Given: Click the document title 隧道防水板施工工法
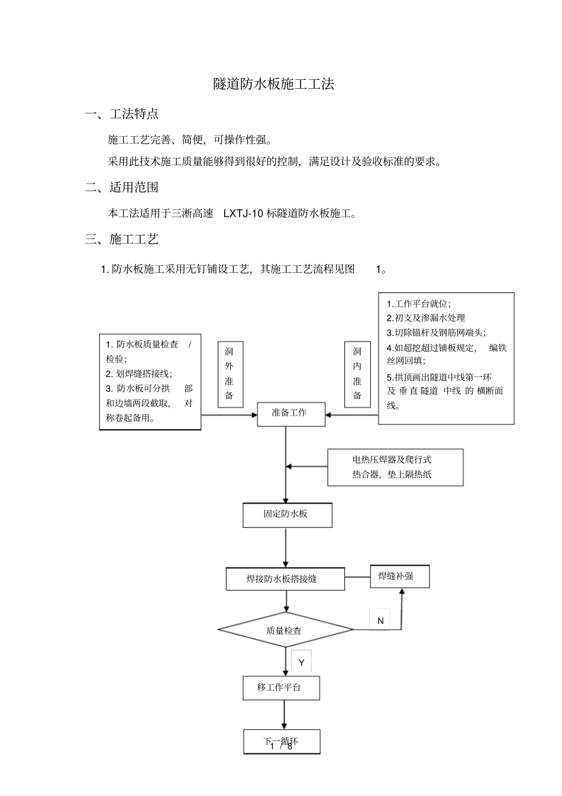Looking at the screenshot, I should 274,84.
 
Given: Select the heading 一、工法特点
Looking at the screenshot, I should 122,114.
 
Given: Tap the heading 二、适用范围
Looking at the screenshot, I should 122,188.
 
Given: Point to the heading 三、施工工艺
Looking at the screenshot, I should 122,239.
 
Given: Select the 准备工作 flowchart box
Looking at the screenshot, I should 290,413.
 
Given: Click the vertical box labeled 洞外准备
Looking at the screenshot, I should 230,373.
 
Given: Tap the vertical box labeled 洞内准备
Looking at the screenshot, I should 357,373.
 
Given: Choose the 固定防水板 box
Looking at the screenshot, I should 287,514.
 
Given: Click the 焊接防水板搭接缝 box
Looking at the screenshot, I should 285,579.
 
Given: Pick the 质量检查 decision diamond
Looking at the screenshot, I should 285,630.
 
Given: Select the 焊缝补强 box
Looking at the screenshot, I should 399,576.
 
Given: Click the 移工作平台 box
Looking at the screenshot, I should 281,688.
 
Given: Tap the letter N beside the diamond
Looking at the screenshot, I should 380,620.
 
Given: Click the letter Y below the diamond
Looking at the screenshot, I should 301,662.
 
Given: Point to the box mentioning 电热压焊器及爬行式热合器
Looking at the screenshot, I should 395,467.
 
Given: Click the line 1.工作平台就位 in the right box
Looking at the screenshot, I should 419,304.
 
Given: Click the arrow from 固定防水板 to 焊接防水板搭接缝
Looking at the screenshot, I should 286,547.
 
